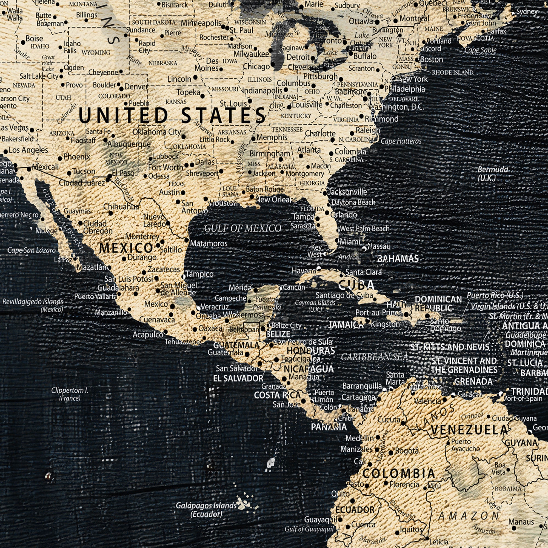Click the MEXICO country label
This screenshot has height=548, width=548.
pos(126,248)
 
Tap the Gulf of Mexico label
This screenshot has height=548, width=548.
pos(242,228)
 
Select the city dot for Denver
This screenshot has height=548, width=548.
pos(121,89)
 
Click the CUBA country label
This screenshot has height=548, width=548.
pos(356,285)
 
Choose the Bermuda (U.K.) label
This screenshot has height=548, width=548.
pos(493,174)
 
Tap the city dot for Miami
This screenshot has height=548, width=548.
pos(337,241)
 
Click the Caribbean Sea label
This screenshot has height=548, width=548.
pos(374,357)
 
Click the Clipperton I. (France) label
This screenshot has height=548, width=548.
pos(70,394)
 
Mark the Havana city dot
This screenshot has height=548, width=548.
pos(319,268)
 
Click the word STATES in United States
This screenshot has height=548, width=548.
pos(223,116)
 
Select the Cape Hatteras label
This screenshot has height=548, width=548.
pos(401,141)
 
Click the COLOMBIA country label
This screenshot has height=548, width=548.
pos(398,473)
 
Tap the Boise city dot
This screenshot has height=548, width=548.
pos(23,42)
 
